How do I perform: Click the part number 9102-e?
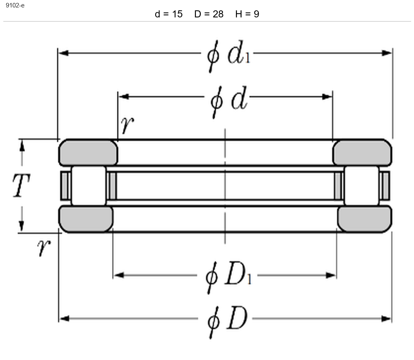(15, 5)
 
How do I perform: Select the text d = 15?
(168, 14)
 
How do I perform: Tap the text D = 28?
(209, 14)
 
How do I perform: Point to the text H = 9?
(247, 14)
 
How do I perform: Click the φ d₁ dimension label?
(228, 56)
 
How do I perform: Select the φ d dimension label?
(229, 101)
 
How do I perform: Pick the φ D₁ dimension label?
(229, 277)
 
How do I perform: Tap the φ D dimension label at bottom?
(227, 322)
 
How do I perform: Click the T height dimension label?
(22, 186)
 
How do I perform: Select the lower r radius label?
(44, 247)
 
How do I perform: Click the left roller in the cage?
(89, 186)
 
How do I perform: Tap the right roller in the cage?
(361, 186)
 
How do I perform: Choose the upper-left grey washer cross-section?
(88, 153)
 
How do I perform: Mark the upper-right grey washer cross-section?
(362, 153)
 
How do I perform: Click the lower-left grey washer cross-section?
(86, 219)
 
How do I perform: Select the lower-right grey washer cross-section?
(365, 219)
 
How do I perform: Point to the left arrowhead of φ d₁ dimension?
(63, 53)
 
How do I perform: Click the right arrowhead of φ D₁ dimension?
(331, 275)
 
